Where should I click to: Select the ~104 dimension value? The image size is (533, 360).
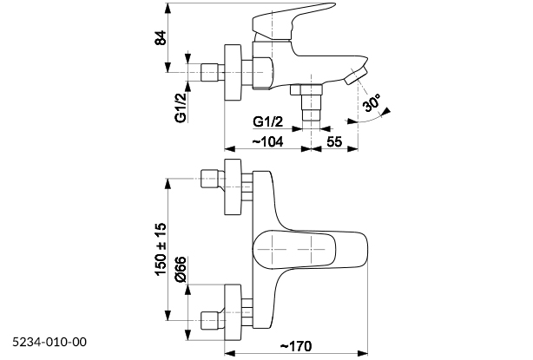pos(267,140)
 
